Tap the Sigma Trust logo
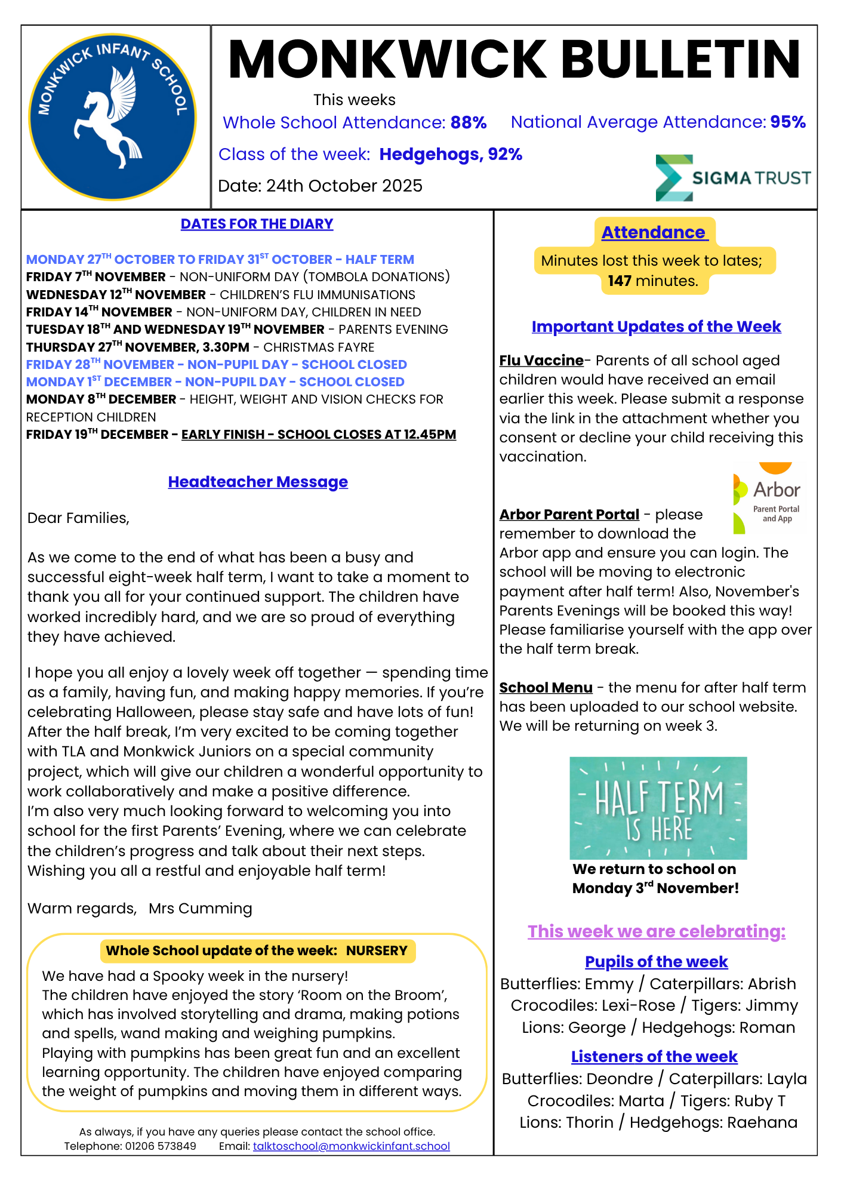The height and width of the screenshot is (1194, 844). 733,178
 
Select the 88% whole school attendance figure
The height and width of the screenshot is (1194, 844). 469,122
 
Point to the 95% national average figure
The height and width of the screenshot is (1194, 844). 788,122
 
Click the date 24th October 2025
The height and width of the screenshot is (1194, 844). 344,186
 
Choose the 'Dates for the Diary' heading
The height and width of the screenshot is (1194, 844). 257,224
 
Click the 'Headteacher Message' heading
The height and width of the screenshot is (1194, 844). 258,482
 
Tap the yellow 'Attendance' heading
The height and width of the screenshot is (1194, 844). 654,232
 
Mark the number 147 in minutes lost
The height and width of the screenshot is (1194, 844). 620,281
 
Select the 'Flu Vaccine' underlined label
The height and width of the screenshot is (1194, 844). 541,361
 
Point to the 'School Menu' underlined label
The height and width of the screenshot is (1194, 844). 546,688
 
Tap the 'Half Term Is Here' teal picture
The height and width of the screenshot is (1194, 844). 658,808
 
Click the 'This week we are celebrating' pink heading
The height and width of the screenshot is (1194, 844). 656,931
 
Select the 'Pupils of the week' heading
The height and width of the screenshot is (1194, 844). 656,962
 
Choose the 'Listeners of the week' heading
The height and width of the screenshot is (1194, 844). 654,1057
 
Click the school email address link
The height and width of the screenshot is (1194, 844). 351,1146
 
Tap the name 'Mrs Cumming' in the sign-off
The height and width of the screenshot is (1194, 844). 201,909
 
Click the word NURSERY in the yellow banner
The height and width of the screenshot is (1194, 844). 377,950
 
